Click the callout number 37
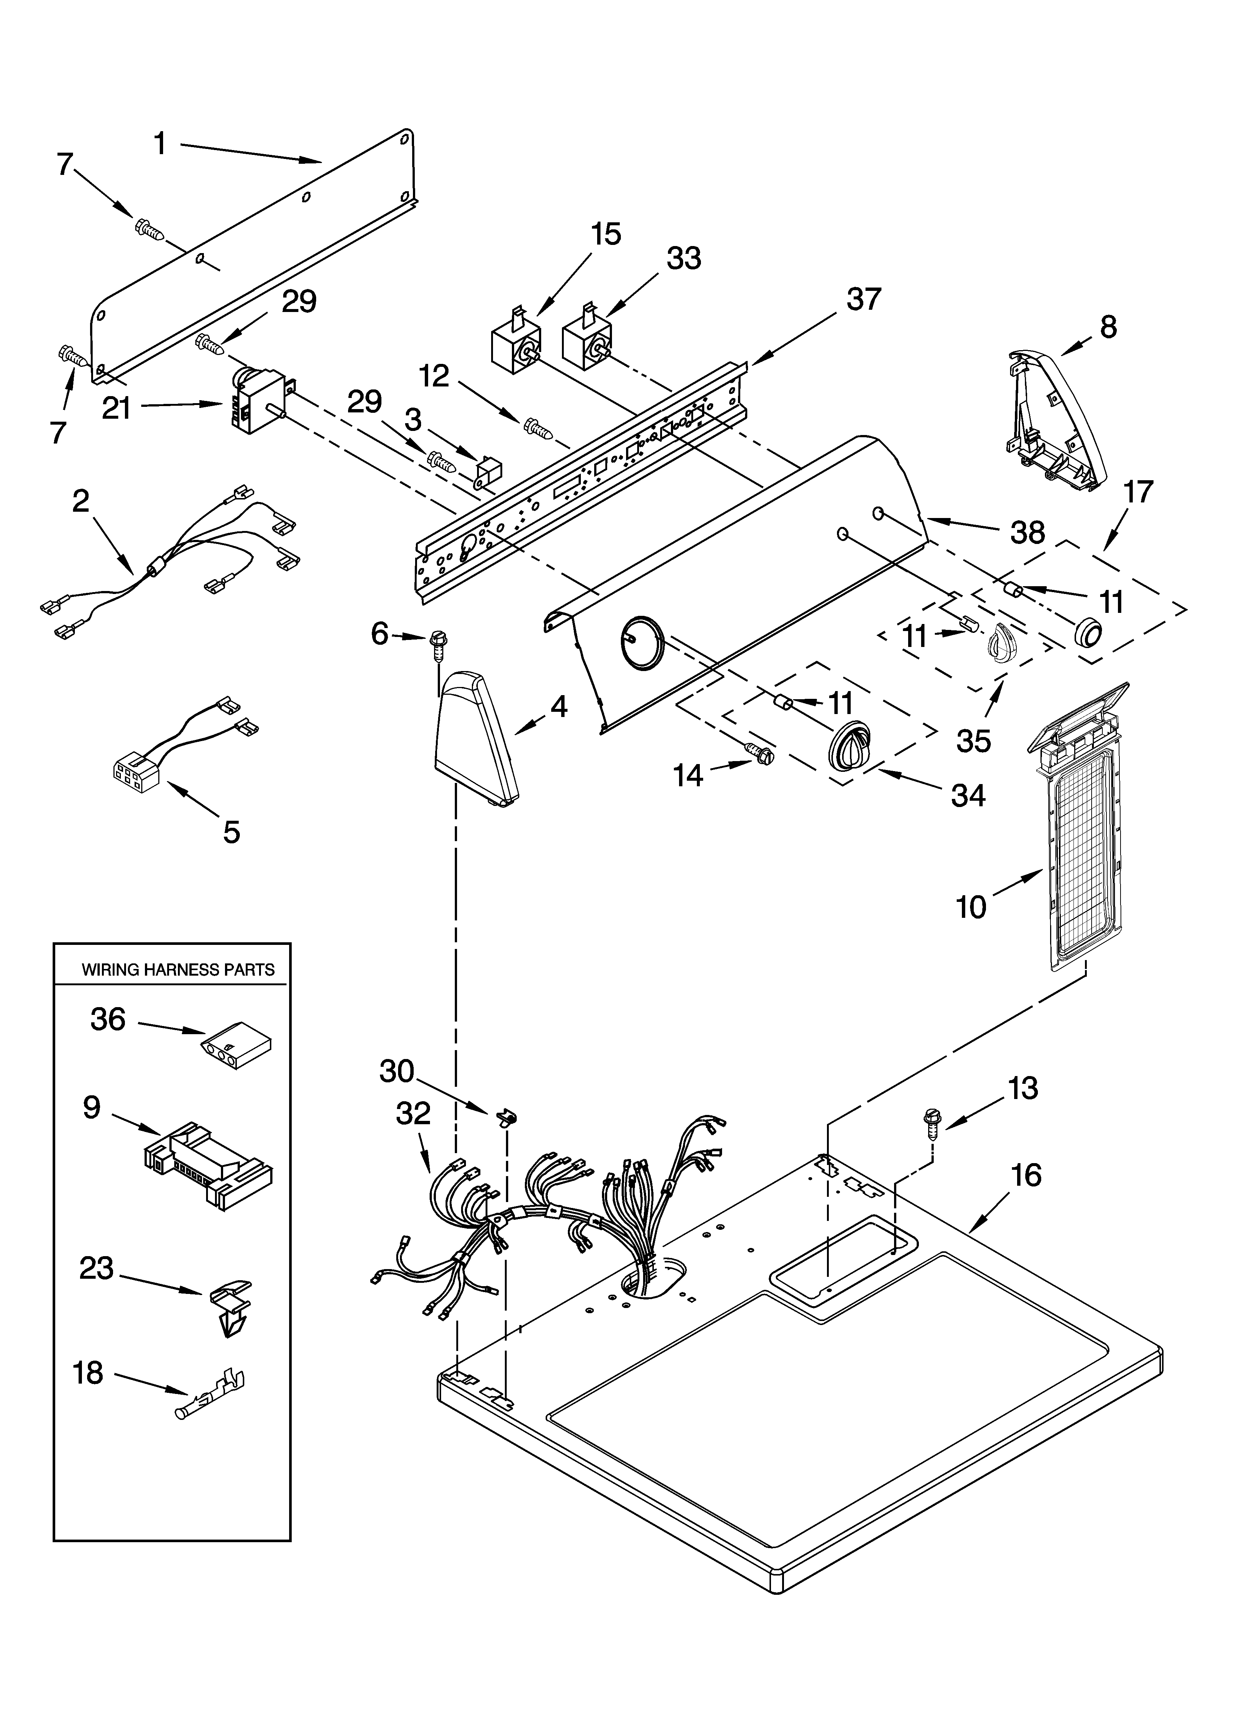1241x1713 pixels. pos(863,299)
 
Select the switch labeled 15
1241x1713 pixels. pos(514,343)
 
